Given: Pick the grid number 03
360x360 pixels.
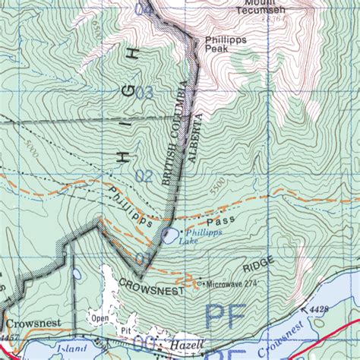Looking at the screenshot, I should [x=144, y=93].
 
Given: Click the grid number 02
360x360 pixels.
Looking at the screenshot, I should [x=144, y=175].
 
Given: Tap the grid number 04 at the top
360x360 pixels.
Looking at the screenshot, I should [x=143, y=10].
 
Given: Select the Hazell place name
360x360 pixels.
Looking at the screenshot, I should [x=187, y=344].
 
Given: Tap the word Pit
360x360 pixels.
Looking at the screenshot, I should [x=125, y=331].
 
